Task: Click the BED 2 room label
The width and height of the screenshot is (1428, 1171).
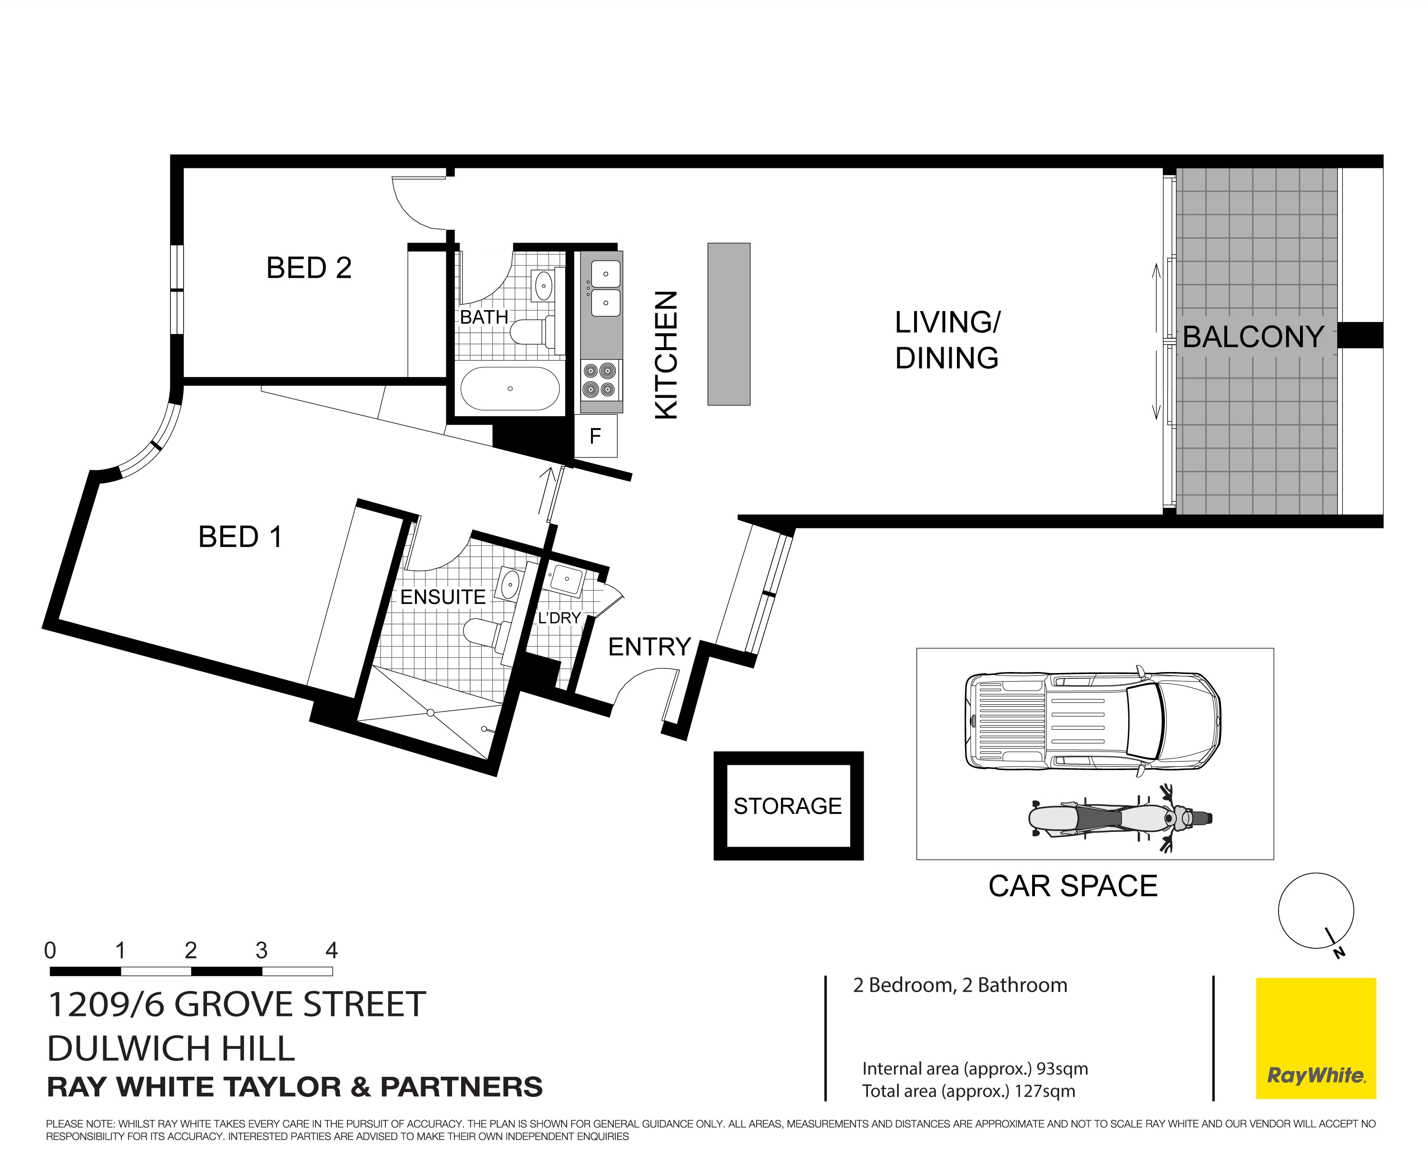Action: tap(309, 268)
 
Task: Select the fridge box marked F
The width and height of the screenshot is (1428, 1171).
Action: tap(595, 437)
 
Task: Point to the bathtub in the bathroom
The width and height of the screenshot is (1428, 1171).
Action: tap(510, 389)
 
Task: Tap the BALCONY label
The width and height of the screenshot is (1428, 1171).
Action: tap(1253, 337)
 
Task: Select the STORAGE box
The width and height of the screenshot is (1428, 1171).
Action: tap(788, 806)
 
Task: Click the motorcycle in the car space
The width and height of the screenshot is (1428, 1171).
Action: tap(1120, 818)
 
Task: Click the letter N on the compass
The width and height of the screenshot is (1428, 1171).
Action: tap(1339, 953)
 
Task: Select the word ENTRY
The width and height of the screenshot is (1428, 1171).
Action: tap(649, 647)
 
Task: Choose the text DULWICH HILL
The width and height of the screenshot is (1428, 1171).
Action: tap(171, 1048)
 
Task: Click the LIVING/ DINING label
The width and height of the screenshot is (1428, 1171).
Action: tap(947, 340)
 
